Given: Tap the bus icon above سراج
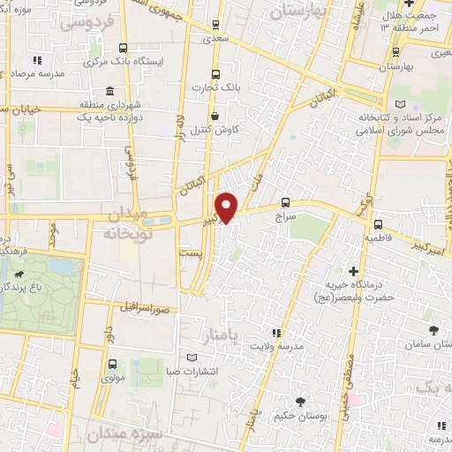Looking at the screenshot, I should (x=285, y=200).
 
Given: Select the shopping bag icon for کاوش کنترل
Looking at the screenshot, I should (x=215, y=115).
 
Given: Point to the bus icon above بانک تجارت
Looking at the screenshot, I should (x=216, y=74).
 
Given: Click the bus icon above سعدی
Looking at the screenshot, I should (x=216, y=26).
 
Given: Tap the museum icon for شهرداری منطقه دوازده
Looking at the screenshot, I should (x=109, y=92).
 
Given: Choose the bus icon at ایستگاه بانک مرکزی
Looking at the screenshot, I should (x=122, y=49).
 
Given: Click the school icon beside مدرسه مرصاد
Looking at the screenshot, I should (x=36, y=60).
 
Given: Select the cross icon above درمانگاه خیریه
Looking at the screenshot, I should (x=353, y=270).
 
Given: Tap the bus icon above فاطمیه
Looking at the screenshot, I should (x=377, y=224).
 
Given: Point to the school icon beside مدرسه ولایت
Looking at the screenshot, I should (x=276, y=332).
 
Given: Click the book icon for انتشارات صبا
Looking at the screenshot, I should (x=192, y=357).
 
